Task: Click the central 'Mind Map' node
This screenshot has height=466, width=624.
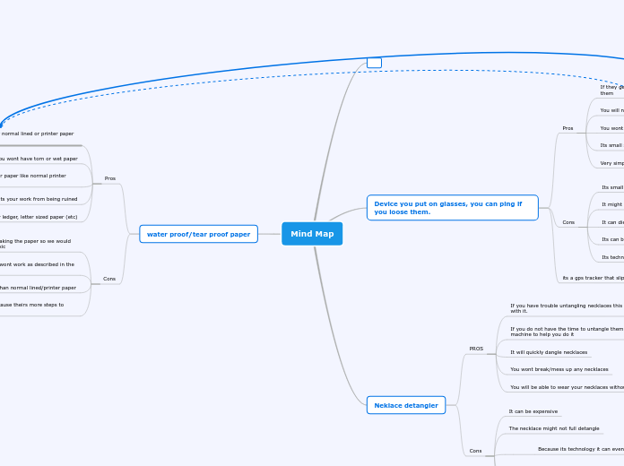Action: [x=312, y=234]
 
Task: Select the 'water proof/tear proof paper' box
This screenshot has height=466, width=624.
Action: [x=198, y=234]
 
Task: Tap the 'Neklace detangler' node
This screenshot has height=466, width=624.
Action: [x=406, y=405]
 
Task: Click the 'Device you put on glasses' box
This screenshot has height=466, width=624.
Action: [x=452, y=208]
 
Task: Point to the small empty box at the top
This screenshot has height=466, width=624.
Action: [x=374, y=63]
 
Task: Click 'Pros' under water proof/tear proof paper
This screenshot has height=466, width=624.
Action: [x=110, y=178]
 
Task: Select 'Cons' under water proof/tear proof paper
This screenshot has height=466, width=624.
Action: [x=109, y=279]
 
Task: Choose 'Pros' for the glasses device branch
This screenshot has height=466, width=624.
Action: [x=568, y=128]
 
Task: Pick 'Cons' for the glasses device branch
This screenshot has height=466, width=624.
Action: [x=568, y=221]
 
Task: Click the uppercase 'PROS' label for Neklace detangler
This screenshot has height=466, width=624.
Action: [x=476, y=349]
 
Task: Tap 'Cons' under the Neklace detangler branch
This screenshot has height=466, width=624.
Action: [x=475, y=451]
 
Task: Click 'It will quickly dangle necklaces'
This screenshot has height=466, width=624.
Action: [x=549, y=352]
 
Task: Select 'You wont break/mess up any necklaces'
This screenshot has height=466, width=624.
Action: [x=559, y=369]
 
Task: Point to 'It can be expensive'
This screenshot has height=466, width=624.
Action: [x=533, y=411]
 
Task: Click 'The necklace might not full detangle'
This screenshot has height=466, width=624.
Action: [x=553, y=428]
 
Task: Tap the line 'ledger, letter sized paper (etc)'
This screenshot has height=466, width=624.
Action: [x=39, y=217]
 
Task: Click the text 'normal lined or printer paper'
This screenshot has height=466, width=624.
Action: [x=38, y=134]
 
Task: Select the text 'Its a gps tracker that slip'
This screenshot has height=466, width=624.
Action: [x=593, y=278]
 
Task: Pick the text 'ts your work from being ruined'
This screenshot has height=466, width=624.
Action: [x=39, y=199]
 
